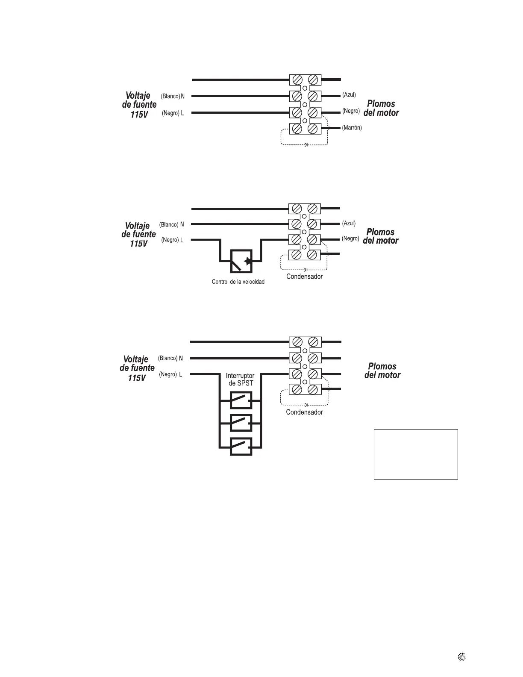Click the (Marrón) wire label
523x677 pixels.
pyautogui.click(x=352, y=128)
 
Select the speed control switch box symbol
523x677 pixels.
pyautogui.click(x=241, y=261)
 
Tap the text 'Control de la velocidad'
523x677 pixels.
pyautogui.click(x=238, y=282)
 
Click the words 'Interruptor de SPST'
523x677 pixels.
pyautogui.click(x=240, y=380)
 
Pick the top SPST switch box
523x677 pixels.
pyautogui.click(x=241, y=401)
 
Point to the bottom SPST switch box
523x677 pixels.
pyautogui.click(x=241, y=447)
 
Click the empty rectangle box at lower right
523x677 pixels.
pyautogui.click(x=416, y=454)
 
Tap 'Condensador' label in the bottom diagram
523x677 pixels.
pyautogui.click(x=304, y=412)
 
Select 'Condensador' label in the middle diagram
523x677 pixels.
pyautogui.click(x=304, y=277)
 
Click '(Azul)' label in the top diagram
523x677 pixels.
pyautogui.click(x=349, y=95)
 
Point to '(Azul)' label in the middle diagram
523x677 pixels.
pyautogui.click(x=349, y=224)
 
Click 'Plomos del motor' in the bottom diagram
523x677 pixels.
pyautogui.click(x=382, y=371)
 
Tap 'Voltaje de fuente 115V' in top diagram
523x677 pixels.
pyautogui.click(x=139, y=105)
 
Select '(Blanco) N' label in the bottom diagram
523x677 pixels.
pyautogui.click(x=170, y=358)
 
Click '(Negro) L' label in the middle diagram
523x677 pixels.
pyautogui.click(x=172, y=240)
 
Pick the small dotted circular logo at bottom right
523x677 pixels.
pyautogui.click(x=461, y=657)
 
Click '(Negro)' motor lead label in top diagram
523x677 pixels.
pyautogui.click(x=351, y=111)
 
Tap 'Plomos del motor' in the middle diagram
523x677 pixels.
pyautogui.click(x=381, y=236)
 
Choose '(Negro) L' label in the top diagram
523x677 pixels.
pyautogui.click(x=173, y=113)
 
